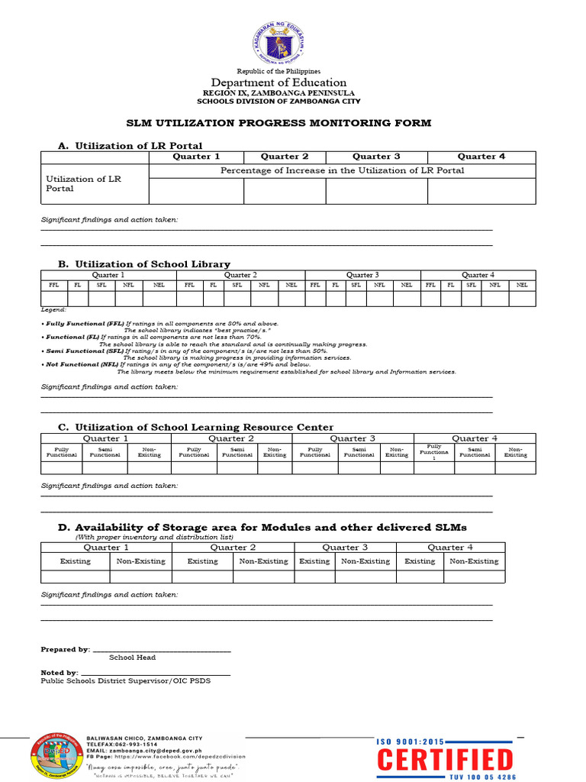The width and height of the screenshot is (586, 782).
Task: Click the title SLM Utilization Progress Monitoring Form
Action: [279, 123]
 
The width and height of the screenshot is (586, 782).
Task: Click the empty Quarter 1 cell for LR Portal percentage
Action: [196, 192]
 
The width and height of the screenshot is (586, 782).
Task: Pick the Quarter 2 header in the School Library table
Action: [240, 275]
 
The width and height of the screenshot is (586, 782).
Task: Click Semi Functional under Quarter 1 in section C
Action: [105, 452]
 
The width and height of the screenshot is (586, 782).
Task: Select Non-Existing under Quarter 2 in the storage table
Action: [263, 561]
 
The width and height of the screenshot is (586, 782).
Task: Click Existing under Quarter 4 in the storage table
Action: [420, 561]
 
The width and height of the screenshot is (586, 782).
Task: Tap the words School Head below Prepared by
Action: [132, 658]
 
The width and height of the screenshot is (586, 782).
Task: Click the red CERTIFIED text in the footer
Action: [446, 761]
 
